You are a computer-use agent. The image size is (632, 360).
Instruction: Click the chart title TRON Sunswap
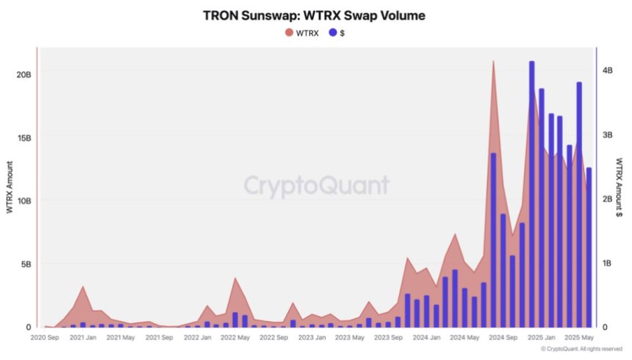314,15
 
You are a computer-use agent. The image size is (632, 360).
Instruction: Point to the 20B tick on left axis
23,74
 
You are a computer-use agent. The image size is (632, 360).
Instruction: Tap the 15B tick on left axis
23,138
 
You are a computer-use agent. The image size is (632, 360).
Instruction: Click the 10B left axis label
23,201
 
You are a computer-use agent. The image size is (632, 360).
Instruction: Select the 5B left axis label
25,264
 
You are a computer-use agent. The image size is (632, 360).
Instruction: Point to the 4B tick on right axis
608,71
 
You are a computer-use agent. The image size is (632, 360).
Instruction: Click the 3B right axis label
608,135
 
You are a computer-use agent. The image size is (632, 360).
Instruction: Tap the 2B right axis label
608,199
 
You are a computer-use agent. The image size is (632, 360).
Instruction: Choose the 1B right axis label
608,263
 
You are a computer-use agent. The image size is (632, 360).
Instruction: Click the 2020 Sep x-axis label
46,338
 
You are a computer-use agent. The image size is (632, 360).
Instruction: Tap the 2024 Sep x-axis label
503,338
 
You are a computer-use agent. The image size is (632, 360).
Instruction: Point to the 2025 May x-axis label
579,338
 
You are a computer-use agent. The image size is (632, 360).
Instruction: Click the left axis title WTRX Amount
9,187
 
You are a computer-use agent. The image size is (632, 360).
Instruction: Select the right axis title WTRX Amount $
621,187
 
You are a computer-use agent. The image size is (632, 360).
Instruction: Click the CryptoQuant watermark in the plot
316,185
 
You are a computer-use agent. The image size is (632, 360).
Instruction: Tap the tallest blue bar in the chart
531,194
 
